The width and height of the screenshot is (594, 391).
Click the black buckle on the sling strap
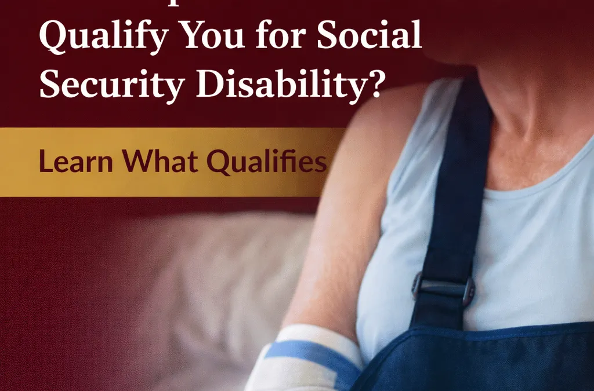click(x=443, y=288)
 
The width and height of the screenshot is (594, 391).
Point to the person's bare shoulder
click(x=394, y=116)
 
